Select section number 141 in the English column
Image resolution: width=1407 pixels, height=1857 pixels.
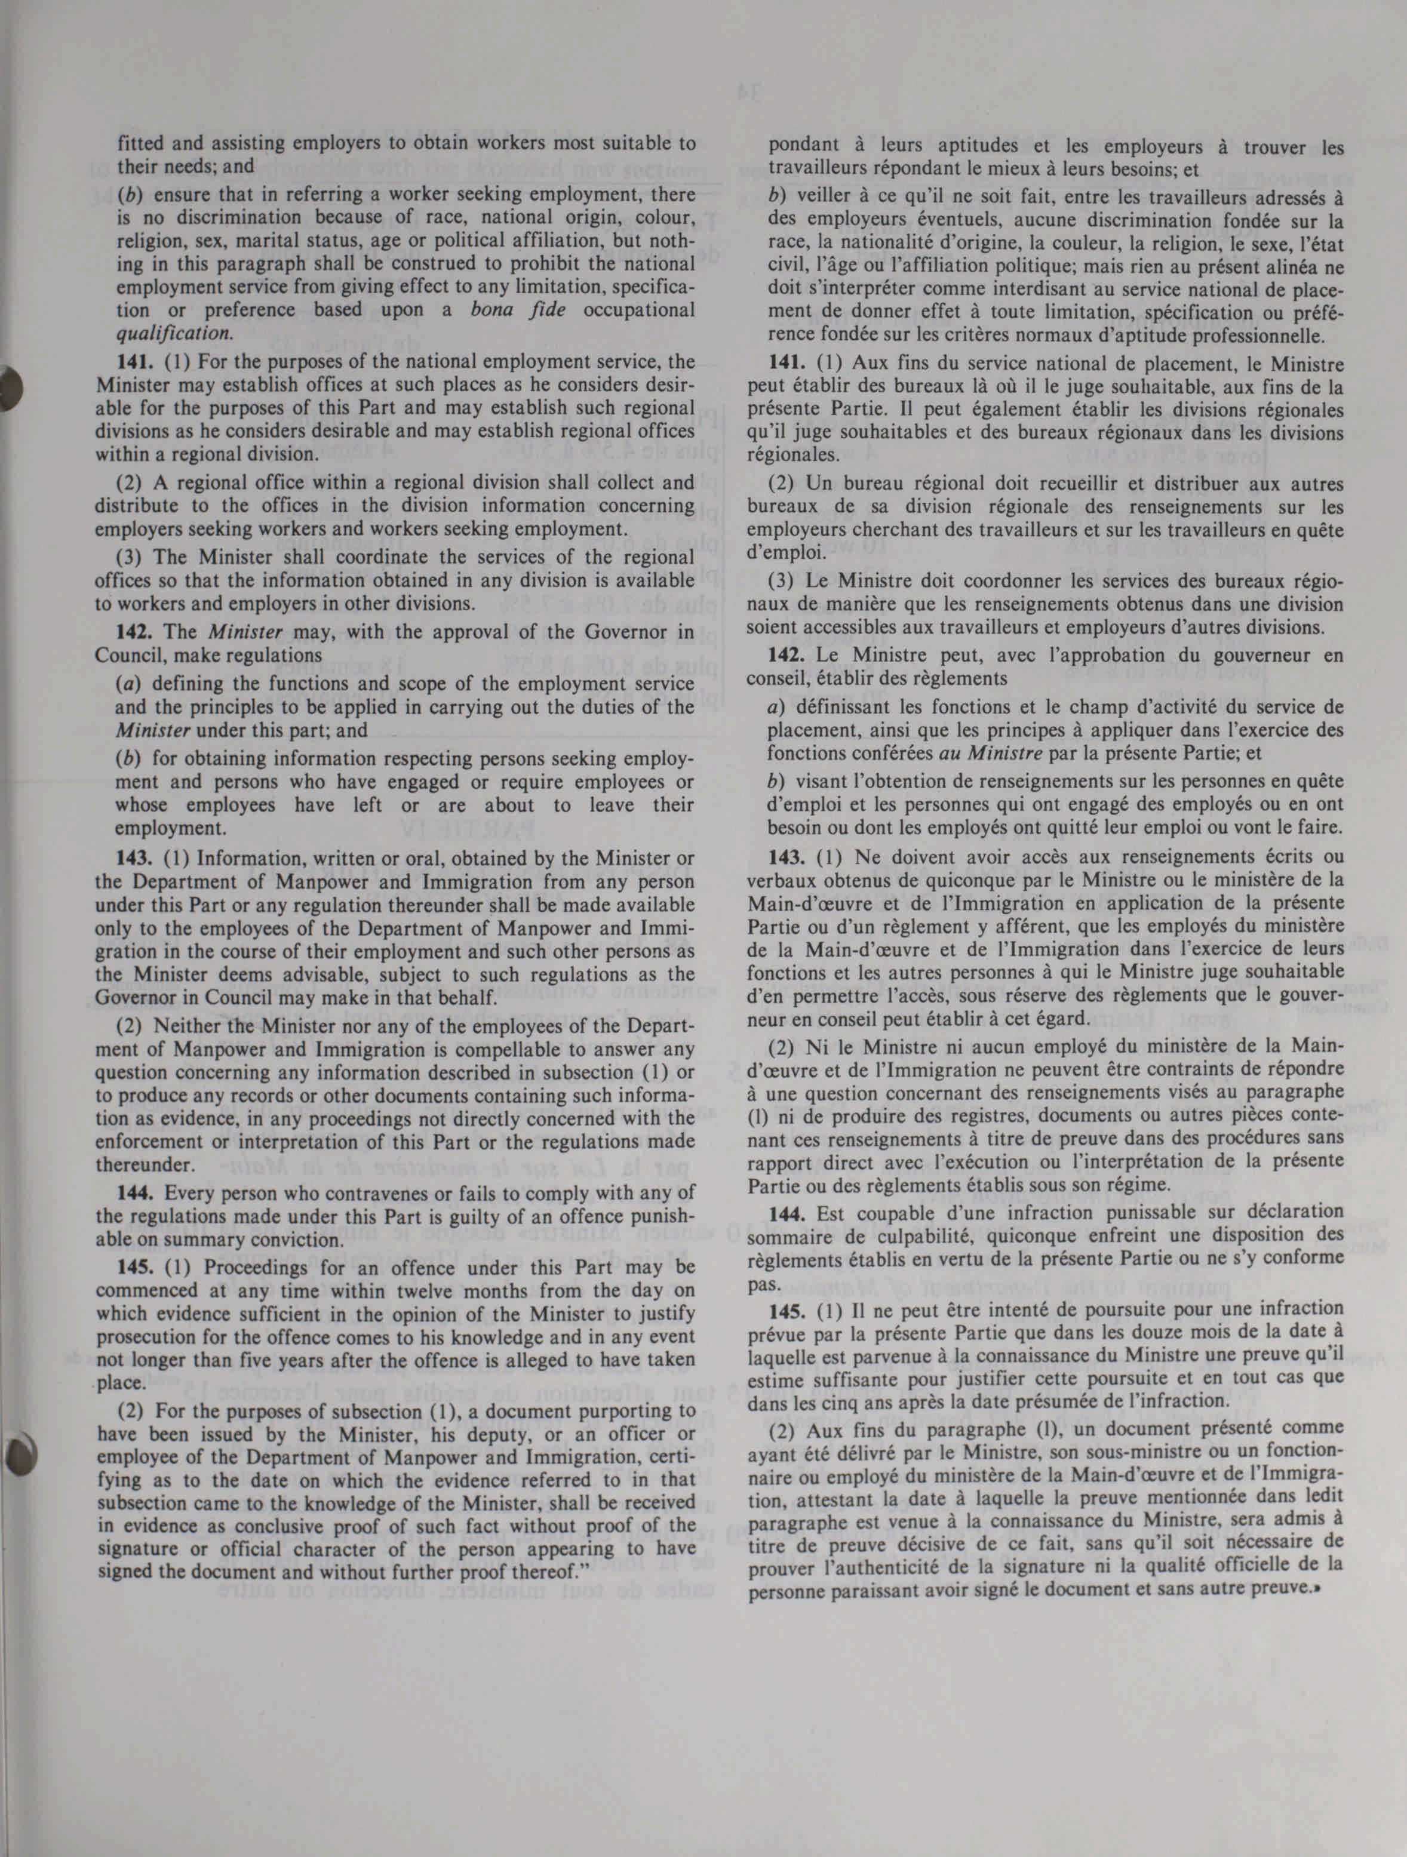click(132, 362)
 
